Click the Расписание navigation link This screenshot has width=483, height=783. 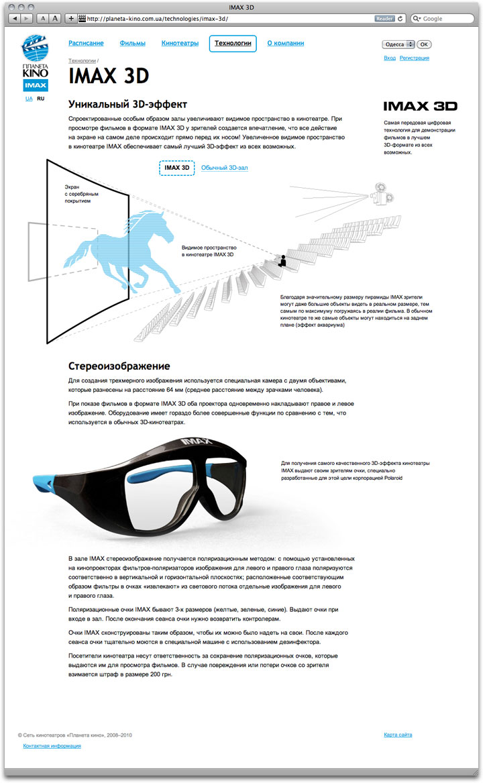86,44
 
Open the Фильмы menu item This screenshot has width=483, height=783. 132,44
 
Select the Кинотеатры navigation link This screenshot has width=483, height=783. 180,44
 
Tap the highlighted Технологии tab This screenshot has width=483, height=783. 233,44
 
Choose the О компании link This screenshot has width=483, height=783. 285,44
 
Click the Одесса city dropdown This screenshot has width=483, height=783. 398,44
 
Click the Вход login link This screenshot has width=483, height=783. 389,58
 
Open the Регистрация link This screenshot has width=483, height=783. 414,58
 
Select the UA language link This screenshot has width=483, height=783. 29,99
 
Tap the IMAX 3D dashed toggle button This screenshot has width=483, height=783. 176,168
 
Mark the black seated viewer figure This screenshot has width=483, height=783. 282,261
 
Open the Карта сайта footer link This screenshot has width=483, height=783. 398,735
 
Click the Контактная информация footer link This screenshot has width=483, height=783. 52,746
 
